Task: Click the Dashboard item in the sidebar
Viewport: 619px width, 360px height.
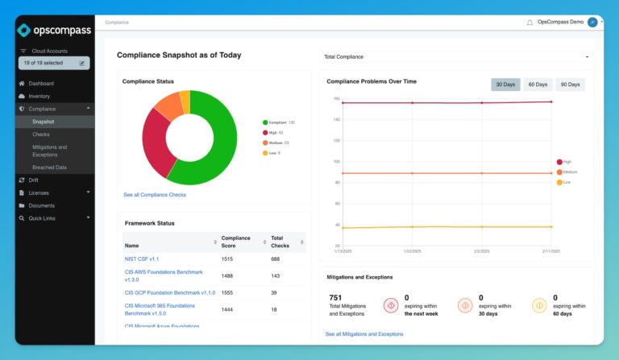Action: click(x=41, y=83)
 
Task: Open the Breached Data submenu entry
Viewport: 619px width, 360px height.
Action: click(x=49, y=167)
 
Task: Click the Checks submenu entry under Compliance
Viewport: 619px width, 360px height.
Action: click(x=40, y=134)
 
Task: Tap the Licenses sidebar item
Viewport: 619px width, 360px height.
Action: click(x=39, y=192)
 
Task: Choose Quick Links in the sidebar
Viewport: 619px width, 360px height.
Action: click(x=42, y=217)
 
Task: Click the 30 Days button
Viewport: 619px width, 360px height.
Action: click(x=505, y=85)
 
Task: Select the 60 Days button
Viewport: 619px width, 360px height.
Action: click(x=537, y=85)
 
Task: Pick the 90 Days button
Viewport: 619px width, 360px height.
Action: click(x=569, y=85)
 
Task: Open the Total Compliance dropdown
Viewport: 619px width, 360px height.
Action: click(x=455, y=57)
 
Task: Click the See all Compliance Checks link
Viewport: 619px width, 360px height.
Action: click(x=155, y=194)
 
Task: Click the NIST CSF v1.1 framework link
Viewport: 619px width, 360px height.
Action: click(x=142, y=259)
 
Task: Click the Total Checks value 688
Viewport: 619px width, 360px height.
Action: click(x=276, y=259)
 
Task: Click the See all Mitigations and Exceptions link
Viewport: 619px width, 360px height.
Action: click(x=364, y=333)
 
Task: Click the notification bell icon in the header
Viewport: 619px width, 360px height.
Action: click(x=530, y=23)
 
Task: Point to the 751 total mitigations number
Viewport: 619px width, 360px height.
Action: click(x=335, y=297)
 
